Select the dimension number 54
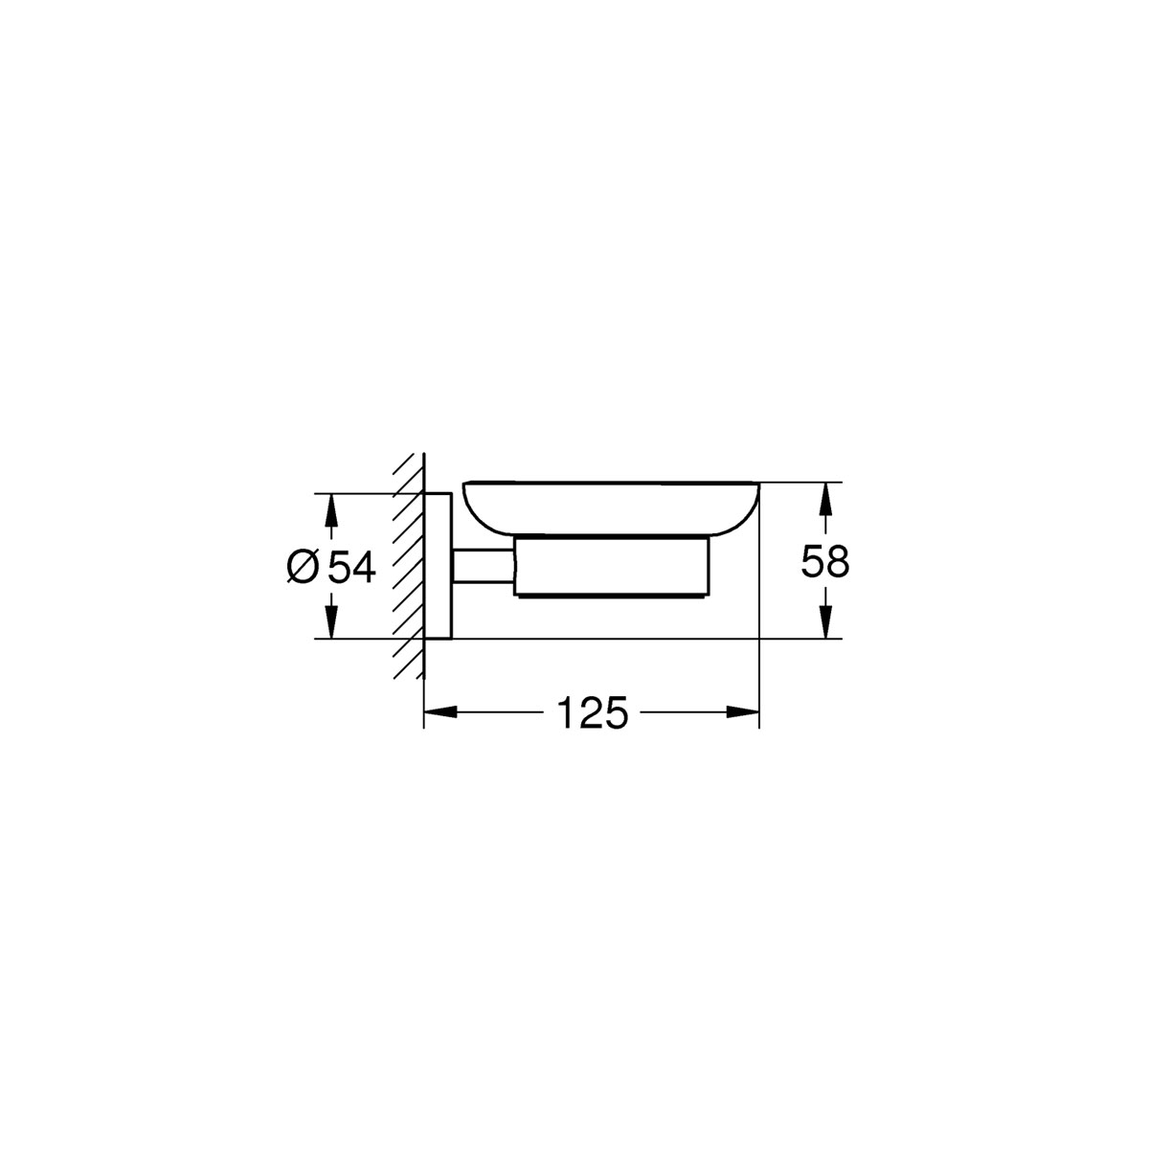(350, 567)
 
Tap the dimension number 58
(825, 562)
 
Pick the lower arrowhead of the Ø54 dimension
(331, 626)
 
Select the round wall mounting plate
(438, 566)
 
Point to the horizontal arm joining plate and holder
(484, 566)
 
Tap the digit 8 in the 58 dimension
(838, 562)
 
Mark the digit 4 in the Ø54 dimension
(363, 567)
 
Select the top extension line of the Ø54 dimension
(364, 493)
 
